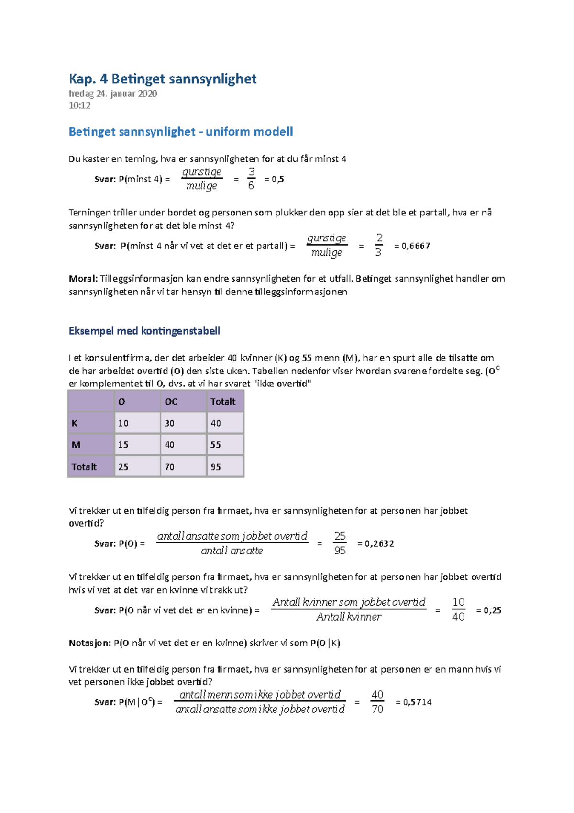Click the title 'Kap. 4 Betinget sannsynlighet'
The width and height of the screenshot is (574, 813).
(163, 79)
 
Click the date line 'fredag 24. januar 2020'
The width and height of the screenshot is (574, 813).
(113, 94)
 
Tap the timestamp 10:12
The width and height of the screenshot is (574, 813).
(79, 106)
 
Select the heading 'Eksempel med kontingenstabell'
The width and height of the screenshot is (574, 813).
(144, 331)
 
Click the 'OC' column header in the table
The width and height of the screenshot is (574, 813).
(171, 402)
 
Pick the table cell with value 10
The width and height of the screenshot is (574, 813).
(123, 423)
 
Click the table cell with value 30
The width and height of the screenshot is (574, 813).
(170, 423)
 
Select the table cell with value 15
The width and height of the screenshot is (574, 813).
(123, 445)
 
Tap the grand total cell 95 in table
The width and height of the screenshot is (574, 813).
(216, 467)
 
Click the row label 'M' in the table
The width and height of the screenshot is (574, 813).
(76, 445)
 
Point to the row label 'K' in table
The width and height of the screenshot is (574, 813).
(75, 423)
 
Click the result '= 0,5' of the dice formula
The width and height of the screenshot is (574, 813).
(274, 180)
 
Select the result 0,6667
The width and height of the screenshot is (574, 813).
(412, 246)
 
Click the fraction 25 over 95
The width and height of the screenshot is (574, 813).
(340, 543)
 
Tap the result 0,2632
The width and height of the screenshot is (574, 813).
(376, 544)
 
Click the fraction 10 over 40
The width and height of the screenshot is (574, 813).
(458, 610)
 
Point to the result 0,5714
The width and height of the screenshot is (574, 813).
(414, 702)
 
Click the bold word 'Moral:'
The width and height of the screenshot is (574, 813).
(83, 279)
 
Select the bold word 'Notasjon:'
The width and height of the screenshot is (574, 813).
(89, 643)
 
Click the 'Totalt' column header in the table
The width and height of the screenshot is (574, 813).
(223, 402)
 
